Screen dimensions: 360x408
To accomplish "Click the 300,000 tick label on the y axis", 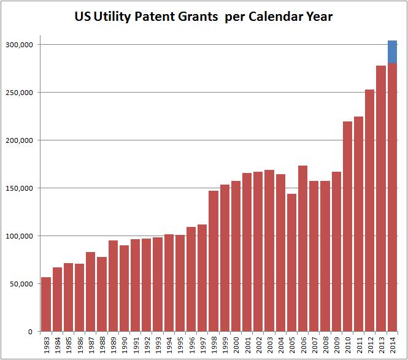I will [19, 45].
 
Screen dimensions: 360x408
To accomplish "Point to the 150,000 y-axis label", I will [19, 188].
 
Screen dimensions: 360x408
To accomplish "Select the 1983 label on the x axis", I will [47, 345].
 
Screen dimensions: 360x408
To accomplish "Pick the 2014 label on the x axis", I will [393, 345].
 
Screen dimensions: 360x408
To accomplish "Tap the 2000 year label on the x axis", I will [236, 345].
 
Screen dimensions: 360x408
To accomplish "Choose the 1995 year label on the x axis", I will [180, 345].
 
